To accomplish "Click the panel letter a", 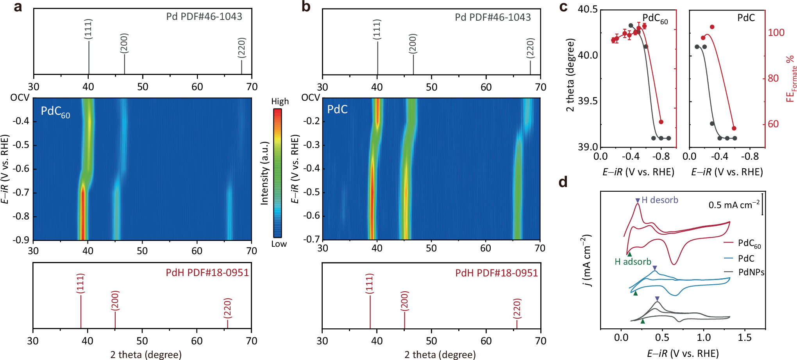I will coord(18,7).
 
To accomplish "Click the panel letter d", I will coord(563,182).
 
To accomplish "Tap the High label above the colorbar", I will coord(280,102).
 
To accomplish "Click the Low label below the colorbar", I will coord(279,244).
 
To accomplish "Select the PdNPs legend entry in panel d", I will coord(751,272).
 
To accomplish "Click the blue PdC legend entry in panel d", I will coord(746,258).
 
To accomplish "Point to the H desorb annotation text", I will coord(659,200).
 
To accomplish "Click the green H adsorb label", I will coord(633,262).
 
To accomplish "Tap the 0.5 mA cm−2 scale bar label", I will coord(734,205).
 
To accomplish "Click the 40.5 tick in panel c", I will coord(588,9).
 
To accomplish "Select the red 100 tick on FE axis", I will coord(776,32).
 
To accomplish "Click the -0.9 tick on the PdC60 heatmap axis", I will coord(21,240).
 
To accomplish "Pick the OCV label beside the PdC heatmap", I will coord(311,98).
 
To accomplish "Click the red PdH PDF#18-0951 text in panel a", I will coord(207,273).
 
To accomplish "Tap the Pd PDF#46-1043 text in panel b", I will coord(493,17).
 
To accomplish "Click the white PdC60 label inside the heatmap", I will coord(55,112).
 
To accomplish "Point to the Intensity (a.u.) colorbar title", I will coord(264,173).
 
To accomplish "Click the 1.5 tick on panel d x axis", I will coord(744,337).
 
